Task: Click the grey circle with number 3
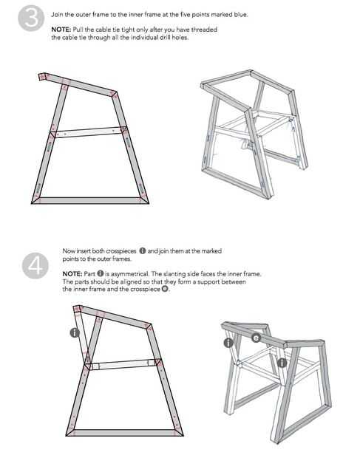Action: point(31,18)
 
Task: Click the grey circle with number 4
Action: point(35,265)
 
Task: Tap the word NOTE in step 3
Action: point(61,30)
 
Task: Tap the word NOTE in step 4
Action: point(72,274)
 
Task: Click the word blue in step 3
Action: point(241,15)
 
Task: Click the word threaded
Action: point(204,30)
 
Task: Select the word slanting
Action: point(174,274)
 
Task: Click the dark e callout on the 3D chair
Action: point(256,338)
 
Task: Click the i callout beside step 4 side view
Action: point(75,332)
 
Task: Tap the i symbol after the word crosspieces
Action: point(143,251)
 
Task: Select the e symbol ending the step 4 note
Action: point(165,289)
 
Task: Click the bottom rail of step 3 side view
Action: point(90,200)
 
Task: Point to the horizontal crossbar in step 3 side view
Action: point(89,132)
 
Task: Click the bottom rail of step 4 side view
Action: point(125,433)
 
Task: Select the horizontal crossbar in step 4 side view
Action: point(123,364)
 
